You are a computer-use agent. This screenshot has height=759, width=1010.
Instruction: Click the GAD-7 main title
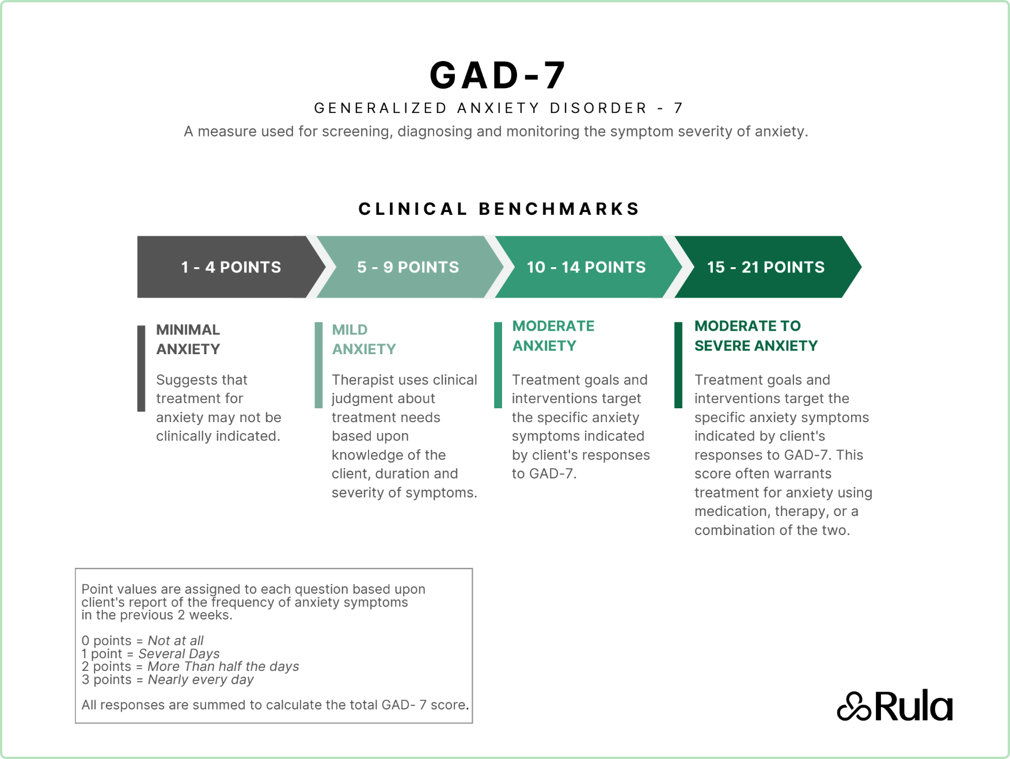tap(498, 75)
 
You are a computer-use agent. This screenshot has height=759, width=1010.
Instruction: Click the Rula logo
tap(894, 706)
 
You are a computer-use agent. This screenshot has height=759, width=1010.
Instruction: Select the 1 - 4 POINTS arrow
tap(230, 267)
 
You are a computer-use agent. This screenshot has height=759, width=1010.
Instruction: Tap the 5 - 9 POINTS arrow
tap(408, 267)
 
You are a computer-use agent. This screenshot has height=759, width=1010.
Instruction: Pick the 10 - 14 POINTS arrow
tap(586, 267)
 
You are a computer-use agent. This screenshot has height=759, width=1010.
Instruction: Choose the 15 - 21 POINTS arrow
tap(765, 267)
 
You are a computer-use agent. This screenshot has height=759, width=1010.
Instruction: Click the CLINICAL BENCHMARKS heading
tap(499, 208)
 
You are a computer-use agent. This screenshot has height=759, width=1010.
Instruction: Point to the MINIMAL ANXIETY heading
tap(188, 339)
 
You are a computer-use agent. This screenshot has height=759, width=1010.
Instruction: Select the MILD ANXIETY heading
tap(363, 339)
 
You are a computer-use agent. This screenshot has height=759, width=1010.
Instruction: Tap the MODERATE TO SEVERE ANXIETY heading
tap(755, 336)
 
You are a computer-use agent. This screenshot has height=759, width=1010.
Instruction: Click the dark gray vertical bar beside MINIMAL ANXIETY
tap(141, 369)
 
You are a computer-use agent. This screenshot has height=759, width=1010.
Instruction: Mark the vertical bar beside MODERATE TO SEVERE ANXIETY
tap(678, 365)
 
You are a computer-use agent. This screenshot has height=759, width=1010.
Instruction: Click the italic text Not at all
tap(176, 640)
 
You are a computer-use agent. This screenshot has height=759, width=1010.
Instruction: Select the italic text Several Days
tap(179, 654)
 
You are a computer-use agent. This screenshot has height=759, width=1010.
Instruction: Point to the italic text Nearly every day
tap(200, 680)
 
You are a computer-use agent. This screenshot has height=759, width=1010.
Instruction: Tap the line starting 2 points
tap(190, 666)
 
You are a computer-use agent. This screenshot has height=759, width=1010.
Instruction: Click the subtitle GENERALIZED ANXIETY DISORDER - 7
tap(499, 108)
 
